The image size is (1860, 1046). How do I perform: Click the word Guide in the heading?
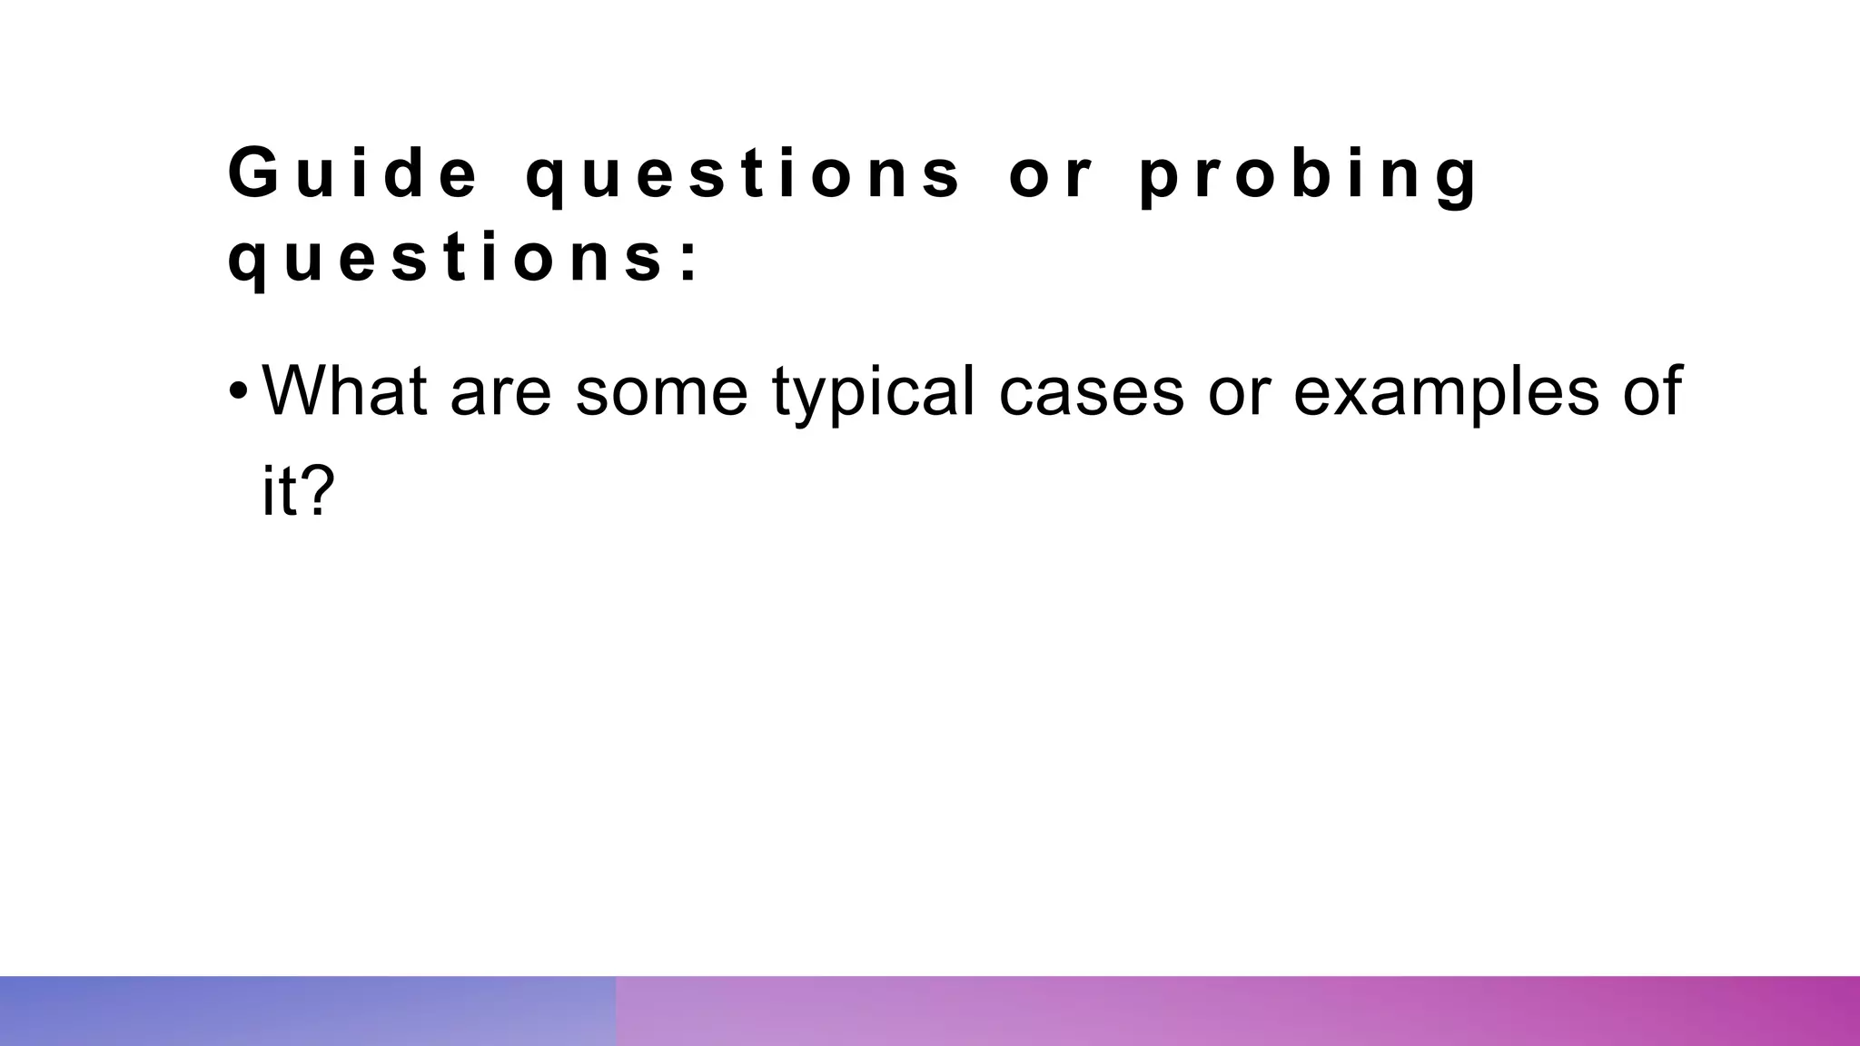click(352, 173)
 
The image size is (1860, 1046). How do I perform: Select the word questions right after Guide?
click(743, 174)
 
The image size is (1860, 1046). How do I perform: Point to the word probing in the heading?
click(1308, 174)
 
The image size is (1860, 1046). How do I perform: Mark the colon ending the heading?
click(689, 261)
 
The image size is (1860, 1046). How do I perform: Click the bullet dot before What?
click(238, 392)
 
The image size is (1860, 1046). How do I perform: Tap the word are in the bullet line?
click(500, 392)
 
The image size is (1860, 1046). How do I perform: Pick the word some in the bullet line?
click(661, 392)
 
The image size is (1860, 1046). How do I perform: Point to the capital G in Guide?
click(253, 173)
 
